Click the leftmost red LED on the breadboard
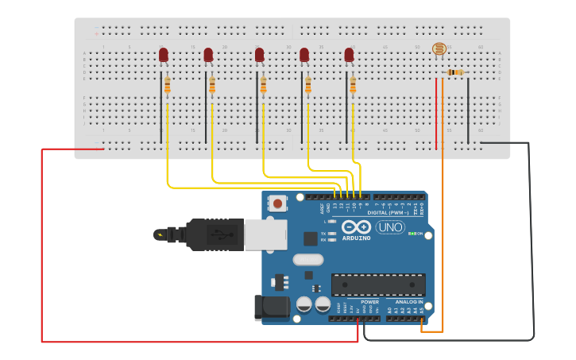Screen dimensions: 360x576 pyautogui.click(x=164, y=55)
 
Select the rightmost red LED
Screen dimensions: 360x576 pyautogui.click(x=349, y=55)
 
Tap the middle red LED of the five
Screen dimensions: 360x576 pyautogui.click(x=259, y=55)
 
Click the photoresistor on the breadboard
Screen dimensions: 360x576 pyautogui.click(x=439, y=49)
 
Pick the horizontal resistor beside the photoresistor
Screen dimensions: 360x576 pyautogui.click(x=455, y=72)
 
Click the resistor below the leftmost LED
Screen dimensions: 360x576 pyautogui.click(x=168, y=84)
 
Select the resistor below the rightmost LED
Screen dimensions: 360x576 pyautogui.click(x=353, y=85)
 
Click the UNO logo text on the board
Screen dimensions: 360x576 pyautogui.click(x=390, y=227)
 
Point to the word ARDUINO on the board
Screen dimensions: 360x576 pyautogui.click(x=357, y=238)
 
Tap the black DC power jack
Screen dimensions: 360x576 pyautogui.click(x=269, y=308)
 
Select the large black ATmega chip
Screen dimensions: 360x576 pyautogui.click(x=378, y=285)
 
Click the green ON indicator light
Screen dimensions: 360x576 pyautogui.click(x=412, y=234)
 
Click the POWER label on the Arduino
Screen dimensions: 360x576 pyautogui.click(x=370, y=302)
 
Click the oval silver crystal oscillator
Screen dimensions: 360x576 pyautogui.click(x=308, y=259)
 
